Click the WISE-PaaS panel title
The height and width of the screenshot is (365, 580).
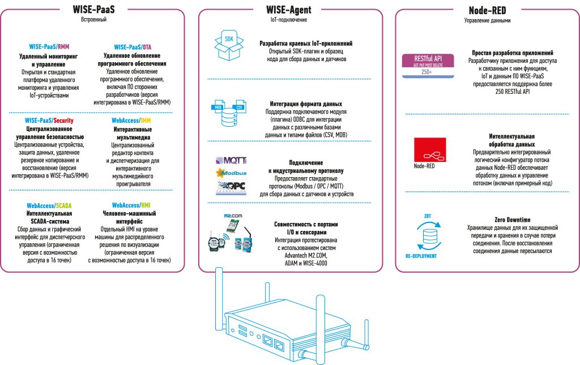pos(93,9)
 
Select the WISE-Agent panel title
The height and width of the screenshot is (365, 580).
pos(288,10)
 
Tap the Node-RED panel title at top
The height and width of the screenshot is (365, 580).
pos(487,10)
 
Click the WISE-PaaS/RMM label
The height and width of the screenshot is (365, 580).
pos(49,46)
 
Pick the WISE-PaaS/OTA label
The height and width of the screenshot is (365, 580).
pos(133,47)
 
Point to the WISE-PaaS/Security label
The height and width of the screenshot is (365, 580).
pos(49,121)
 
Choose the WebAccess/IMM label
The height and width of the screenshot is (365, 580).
pos(131,121)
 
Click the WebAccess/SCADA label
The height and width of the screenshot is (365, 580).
pos(49,205)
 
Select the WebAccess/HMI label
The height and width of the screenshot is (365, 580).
pos(131,205)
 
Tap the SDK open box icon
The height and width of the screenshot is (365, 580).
pos(229,46)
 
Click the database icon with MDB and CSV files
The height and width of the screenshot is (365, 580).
pos(229,113)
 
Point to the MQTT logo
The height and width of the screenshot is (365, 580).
pos(231,160)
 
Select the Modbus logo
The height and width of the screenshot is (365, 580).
pos(231,173)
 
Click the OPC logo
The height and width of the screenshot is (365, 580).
pos(231,187)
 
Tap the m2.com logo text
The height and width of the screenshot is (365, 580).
pos(233,216)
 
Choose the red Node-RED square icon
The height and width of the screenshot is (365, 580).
pos(430,149)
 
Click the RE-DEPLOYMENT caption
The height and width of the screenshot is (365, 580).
pos(421,256)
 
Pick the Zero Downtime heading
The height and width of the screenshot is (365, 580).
pos(512,220)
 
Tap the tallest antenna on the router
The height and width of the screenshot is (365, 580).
pos(219,299)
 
